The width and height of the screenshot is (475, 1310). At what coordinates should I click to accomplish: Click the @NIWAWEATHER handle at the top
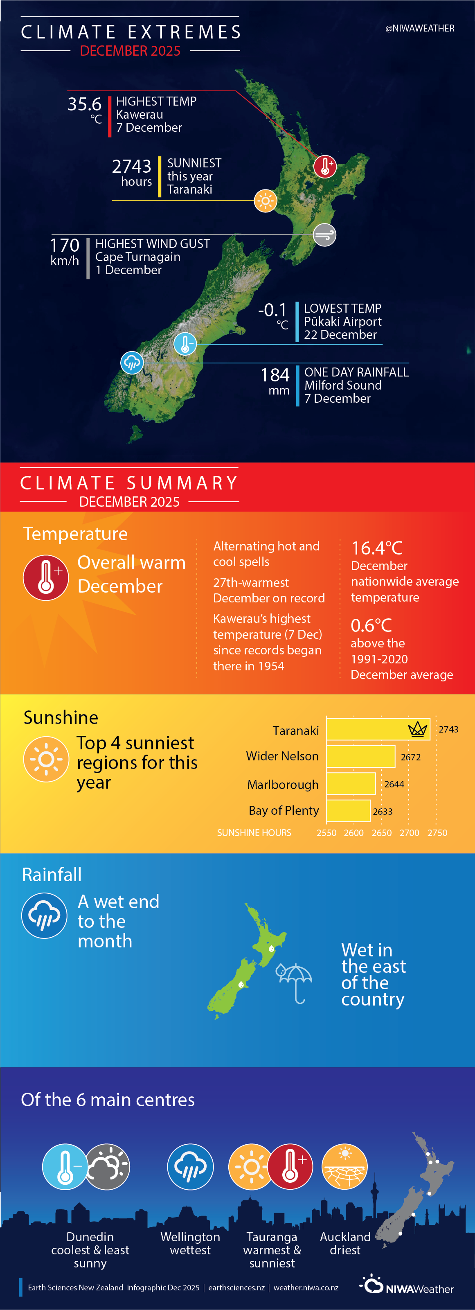pos(420,29)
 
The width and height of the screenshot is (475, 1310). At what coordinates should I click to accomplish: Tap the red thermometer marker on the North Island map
pos(325,166)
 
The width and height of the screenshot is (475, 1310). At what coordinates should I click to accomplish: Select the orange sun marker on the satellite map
pos(265,201)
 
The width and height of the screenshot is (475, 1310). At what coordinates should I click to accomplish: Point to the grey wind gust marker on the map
pos(324,235)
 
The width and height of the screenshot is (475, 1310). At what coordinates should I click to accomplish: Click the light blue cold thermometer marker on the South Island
pos(185,344)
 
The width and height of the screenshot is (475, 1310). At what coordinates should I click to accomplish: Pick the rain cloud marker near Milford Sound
pos(132,363)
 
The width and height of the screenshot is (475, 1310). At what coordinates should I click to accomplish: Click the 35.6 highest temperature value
pos(84,104)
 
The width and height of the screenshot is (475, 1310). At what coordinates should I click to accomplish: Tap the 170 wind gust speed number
pos(65,246)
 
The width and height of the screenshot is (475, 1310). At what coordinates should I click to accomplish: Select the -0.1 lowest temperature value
pos(272,310)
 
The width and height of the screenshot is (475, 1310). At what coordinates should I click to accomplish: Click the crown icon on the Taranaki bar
pos(418,729)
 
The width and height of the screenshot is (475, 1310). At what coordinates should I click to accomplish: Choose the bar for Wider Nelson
pos(360,756)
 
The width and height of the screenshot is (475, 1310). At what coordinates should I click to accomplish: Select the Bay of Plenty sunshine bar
pos(348,811)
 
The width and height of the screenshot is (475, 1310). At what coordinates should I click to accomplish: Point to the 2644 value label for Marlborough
pos(394,784)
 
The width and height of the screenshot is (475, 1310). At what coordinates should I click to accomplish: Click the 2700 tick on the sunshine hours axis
pos(410,833)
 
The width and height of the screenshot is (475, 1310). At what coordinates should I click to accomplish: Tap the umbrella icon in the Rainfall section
pos(295,981)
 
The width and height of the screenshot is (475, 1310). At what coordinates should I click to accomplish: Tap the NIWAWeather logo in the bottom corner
pos(406,1285)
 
